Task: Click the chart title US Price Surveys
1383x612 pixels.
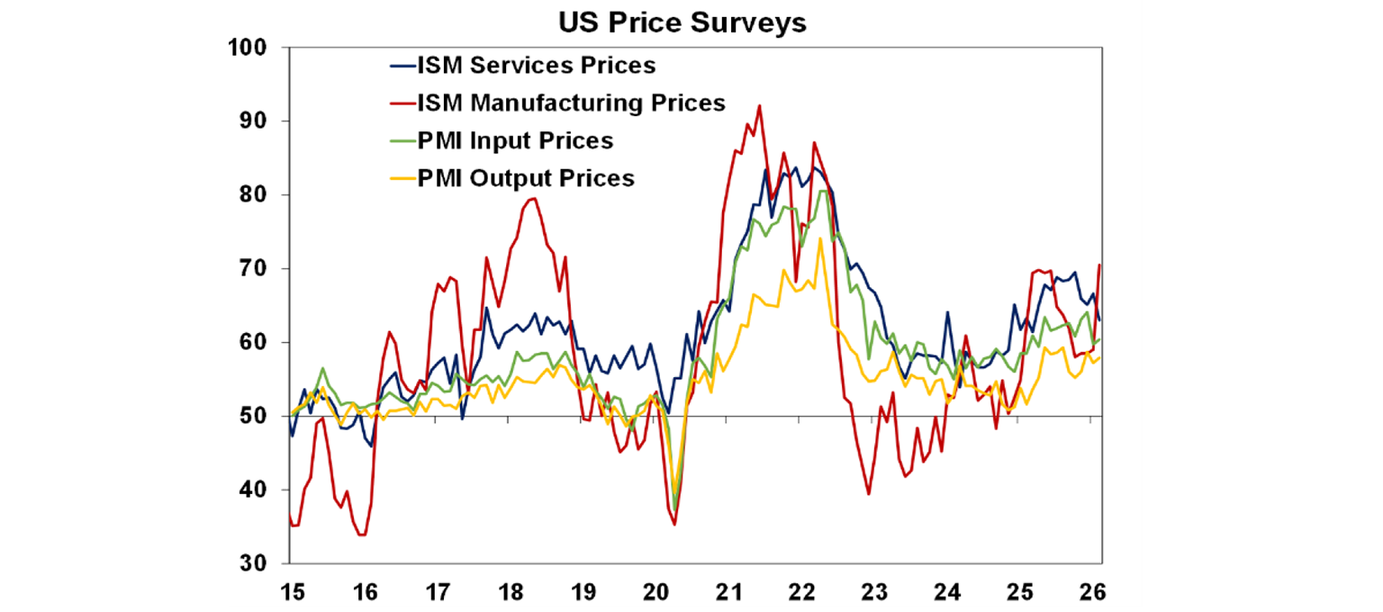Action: tap(681, 22)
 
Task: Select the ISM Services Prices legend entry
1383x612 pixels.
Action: tap(535, 66)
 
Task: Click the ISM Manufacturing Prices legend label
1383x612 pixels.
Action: tap(570, 103)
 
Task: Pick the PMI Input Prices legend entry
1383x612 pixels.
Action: tap(514, 140)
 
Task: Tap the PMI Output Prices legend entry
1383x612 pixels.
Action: tap(525, 178)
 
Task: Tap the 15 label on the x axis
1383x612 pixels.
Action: tap(292, 593)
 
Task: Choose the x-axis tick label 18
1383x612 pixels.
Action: tap(510, 593)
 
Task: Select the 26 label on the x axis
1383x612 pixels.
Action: tap(1091, 593)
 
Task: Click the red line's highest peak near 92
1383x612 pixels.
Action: tap(759, 105)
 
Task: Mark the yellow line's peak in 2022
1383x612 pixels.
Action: tap(820, 238)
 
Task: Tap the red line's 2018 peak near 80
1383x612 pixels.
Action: tap(532, 198)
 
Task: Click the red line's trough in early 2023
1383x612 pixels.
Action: tap(868, 493)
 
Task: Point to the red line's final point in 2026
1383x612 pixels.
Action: tap(1099, 265)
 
